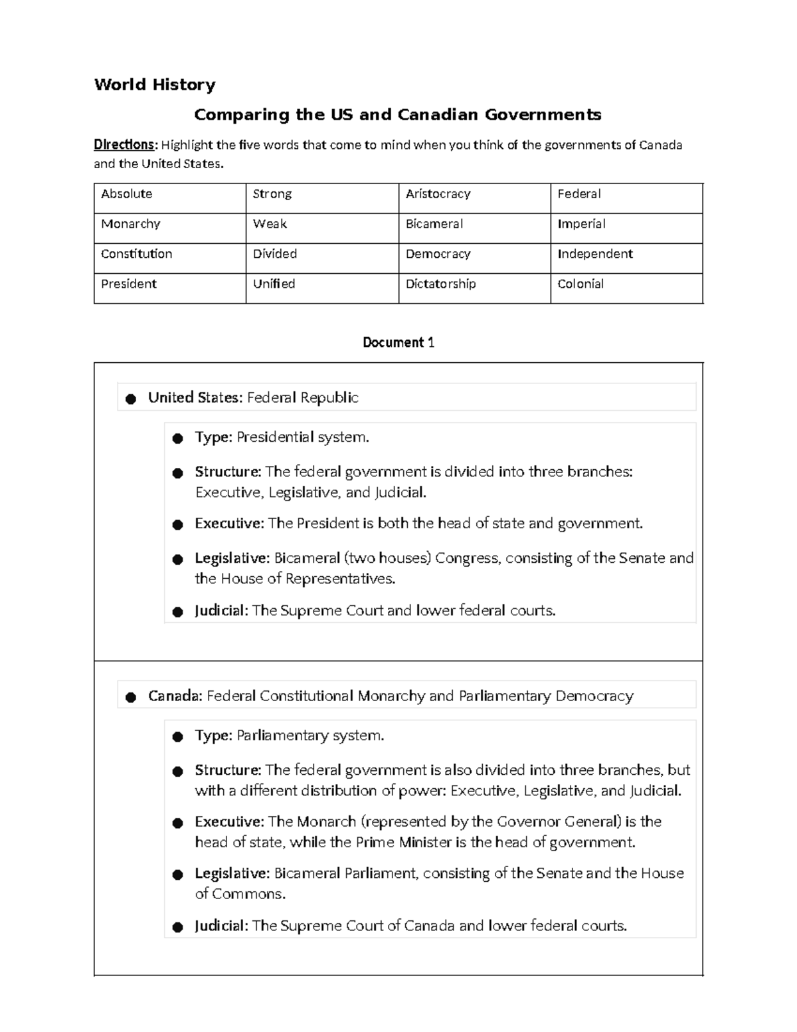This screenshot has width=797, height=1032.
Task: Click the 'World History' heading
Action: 155,84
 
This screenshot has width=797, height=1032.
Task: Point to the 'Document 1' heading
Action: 398,342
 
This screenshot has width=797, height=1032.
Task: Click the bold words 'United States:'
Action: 195,397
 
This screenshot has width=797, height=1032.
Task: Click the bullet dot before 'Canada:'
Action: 131,697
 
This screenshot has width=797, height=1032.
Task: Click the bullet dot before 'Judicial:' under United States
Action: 177,611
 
